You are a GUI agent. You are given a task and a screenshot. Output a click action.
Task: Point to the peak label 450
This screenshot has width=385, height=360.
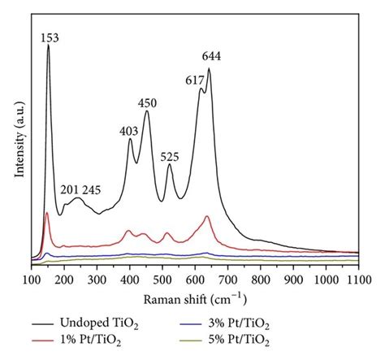click(x=147, y=102)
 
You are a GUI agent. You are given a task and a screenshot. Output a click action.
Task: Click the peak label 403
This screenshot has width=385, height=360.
click(x=128, y=130)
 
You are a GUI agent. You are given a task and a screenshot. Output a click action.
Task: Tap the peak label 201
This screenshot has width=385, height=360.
click(x=70, y=189)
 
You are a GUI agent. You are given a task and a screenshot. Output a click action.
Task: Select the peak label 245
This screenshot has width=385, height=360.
click(x=91, y=189)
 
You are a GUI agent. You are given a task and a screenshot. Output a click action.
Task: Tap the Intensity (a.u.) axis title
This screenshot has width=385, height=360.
click(x=18, y=142)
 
